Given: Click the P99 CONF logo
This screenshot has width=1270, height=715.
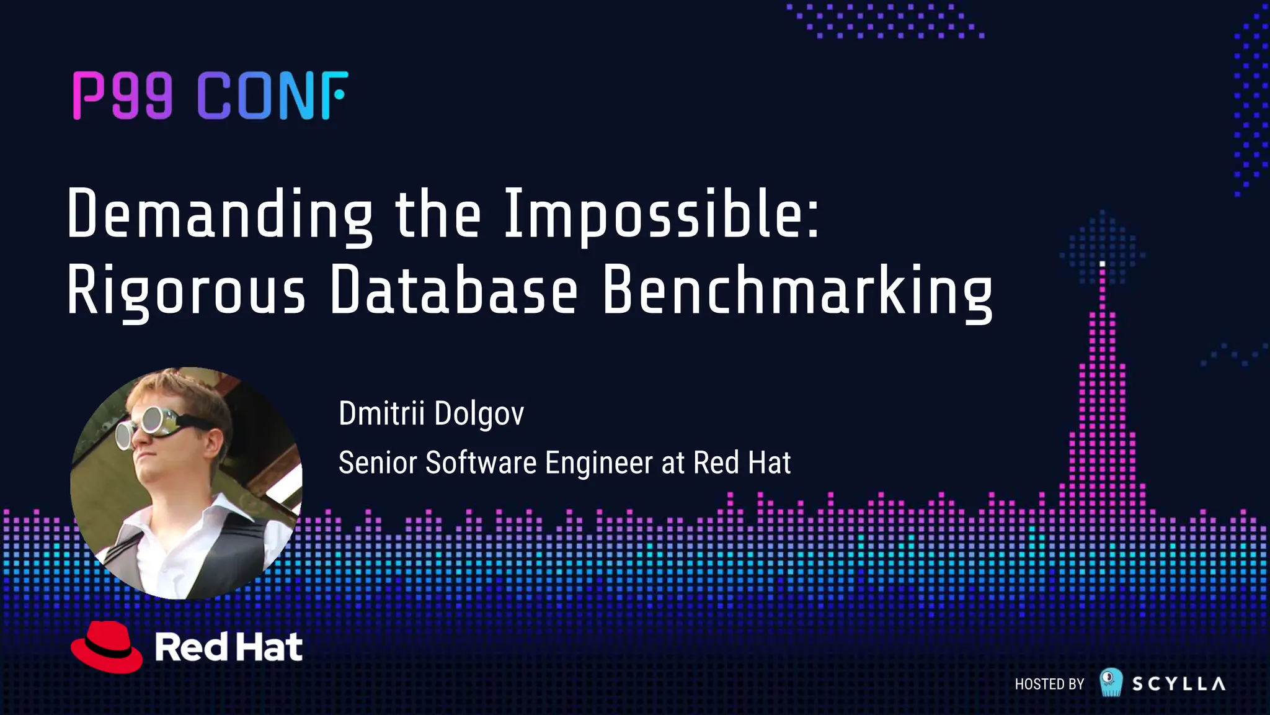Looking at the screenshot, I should click(x=211, y=95).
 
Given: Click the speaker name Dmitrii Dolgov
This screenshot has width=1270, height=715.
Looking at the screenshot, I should click(x=431, y=414).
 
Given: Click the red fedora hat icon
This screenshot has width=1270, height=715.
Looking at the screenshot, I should click(x=107, y=647).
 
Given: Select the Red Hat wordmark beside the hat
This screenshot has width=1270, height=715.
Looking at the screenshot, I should click(x=228, y=647).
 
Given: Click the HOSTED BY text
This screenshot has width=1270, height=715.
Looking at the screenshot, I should click(x=1049, y=684).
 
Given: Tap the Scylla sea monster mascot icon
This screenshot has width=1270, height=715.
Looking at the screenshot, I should click(x=1111, y=682).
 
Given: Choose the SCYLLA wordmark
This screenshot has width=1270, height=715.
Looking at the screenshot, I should click(x=1178, y=684).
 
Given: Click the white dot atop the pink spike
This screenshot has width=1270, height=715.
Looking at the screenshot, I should click(x=1102, y=264).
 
